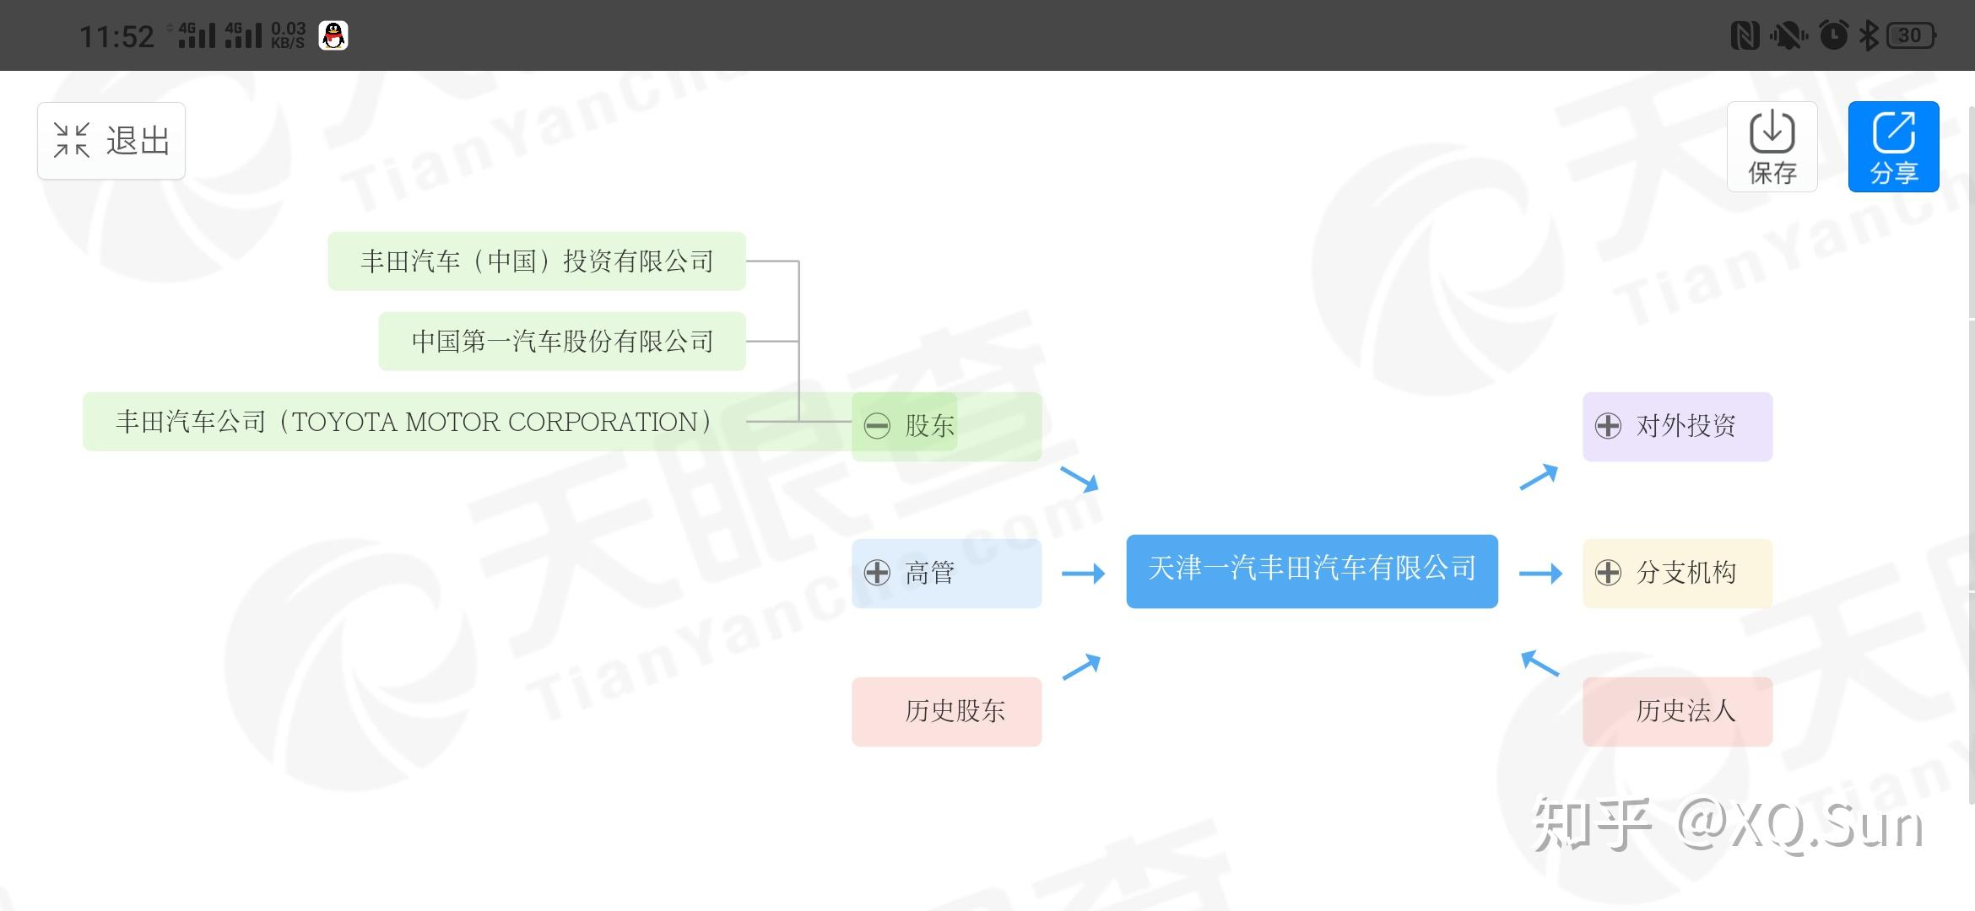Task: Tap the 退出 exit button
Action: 111,141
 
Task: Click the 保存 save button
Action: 1772,147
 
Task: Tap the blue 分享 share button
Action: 1893,147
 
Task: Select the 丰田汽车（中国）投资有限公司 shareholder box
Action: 537,261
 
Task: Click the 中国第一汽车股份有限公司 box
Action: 562,342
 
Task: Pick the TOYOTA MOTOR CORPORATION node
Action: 414,422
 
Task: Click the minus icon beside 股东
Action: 877,426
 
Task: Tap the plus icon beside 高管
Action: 877,573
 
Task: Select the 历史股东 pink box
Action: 946,711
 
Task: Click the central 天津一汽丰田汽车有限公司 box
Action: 1312,570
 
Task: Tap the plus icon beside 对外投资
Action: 1608,426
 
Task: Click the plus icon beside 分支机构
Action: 1608,573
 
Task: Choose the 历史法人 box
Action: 1677,711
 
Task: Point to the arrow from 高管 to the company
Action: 1083,574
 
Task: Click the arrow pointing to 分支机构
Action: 1540,574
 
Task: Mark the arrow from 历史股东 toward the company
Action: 1081,666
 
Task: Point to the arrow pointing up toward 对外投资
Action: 1539,477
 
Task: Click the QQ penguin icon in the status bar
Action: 333,35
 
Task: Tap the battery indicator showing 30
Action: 1911,35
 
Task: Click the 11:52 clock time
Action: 116,36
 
